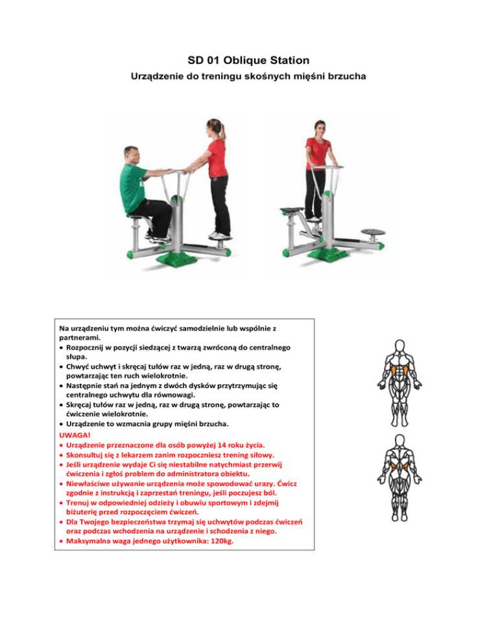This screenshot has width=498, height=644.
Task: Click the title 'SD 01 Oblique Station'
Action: point(248,60)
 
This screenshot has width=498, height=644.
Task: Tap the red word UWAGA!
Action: point(75,435)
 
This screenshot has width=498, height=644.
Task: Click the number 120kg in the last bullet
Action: point(222,541)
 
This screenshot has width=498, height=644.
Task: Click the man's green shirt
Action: point(132,187)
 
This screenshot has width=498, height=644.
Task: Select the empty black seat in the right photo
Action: point(292,211)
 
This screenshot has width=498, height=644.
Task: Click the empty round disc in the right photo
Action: point(373,232)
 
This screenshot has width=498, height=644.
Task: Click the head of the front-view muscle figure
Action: point(399,346)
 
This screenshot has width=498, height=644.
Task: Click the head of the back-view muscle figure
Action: point(399,441)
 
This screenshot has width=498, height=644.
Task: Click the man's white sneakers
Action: point(158,238)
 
